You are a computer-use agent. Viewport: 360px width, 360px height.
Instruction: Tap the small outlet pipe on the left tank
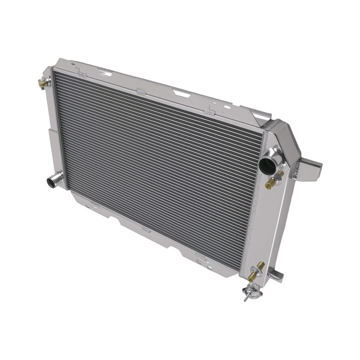point(54,179)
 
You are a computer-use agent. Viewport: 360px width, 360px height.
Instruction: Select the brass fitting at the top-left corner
point(43,83)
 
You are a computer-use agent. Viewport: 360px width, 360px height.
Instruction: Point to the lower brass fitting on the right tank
point(255,271)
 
